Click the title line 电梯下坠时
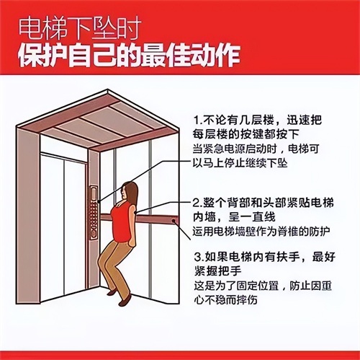80,29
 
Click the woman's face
125,193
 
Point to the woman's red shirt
122,221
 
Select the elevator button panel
94,212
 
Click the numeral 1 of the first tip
197,120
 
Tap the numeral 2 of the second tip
197,203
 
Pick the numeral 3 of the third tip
197,258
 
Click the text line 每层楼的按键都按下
246,134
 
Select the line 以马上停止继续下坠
240,163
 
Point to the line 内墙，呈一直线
234,217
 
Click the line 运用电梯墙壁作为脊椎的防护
261,232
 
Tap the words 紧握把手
218,271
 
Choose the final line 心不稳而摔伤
225,300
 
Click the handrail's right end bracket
174,220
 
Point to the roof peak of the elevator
108,90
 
